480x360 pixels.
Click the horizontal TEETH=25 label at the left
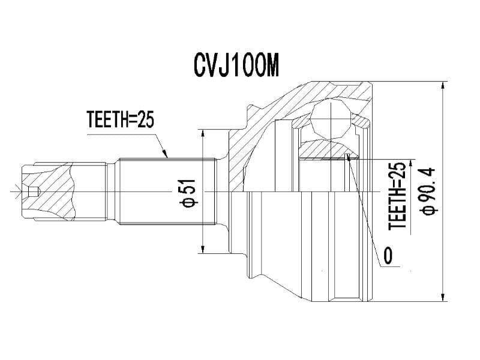click(x=120, y=119)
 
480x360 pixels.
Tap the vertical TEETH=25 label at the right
click(x=397, y=196)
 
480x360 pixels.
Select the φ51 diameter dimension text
click(x=188, y=193)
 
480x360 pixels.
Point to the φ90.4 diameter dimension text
click(x=429, y=191)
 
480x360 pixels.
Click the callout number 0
click(x=387, y=255)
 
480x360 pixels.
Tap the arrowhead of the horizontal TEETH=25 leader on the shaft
click(x=166, y=154)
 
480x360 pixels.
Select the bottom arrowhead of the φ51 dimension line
click(x=202, y=249)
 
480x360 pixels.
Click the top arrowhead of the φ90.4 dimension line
click(x=443, y=86)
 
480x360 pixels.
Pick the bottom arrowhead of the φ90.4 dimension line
click(x=443, y=297)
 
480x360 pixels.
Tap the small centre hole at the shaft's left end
click(x=33, y=191)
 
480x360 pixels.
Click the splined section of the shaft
click(x=167, y=191)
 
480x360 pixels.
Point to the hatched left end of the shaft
click(x=49, y=191)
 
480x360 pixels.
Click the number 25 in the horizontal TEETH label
click(x=145, y=119)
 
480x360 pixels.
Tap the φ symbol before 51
click(x=188, y=202)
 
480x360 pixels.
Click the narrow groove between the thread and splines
click(x=112, y=191)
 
